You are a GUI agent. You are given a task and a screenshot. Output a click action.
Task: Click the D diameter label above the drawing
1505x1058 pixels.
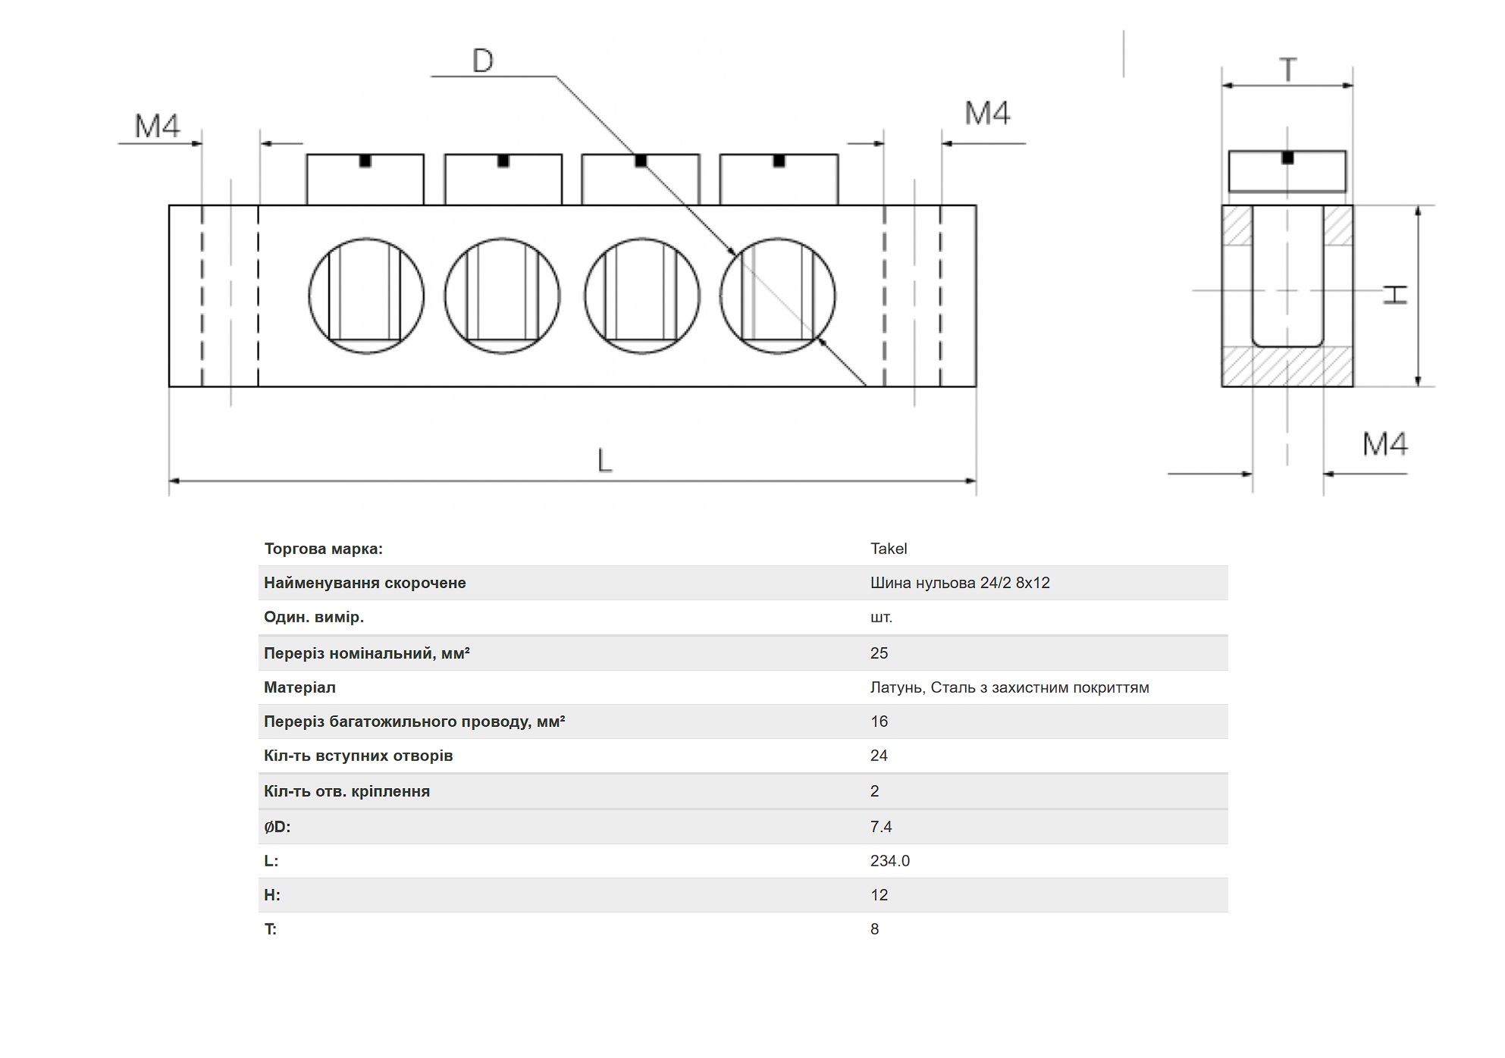click(x=482, y=61)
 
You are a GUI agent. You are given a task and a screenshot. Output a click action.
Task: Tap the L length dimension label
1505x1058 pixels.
click(x=604, y=460)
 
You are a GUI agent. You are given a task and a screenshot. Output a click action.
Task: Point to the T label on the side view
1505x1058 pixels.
click(x=1287, y=70)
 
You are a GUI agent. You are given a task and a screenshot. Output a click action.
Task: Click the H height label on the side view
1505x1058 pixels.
click(x=1394, y=295)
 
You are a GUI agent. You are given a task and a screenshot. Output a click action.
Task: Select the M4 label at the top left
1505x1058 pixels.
click(x=157, y=126)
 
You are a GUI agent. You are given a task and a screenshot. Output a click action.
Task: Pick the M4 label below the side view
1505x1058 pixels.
click(x=1384, y=444)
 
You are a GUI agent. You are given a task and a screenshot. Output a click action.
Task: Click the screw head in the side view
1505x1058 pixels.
click(x=1287, y=171)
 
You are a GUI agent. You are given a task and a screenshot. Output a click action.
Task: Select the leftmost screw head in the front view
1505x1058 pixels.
click(x=365, y=180)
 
